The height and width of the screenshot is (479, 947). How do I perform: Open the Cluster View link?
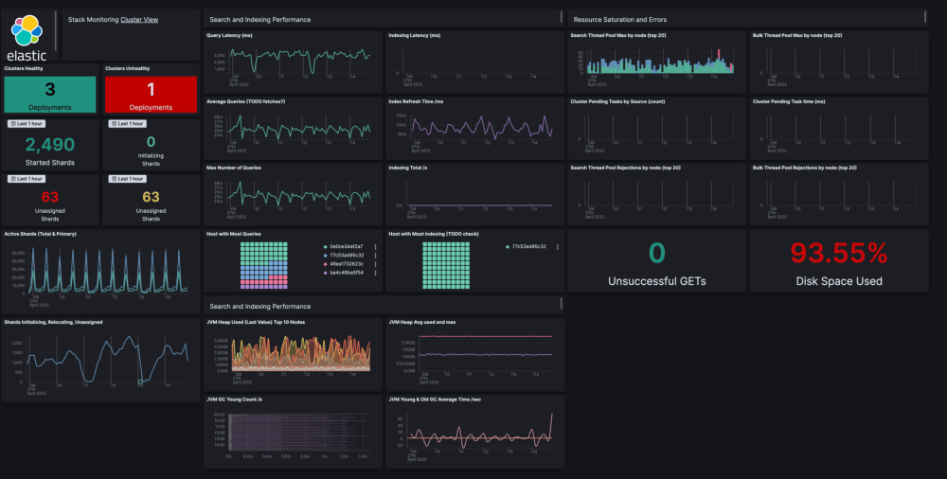(139, 19)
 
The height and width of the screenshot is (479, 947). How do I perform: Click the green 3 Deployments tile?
(50, 94)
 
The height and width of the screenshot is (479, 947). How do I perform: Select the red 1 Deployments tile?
(150, 94)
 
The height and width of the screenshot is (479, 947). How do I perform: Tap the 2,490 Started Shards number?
(49, 144)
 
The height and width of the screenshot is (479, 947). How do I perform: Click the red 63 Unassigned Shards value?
(49, 197)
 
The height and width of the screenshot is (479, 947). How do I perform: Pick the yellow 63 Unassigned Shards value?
(150, 197)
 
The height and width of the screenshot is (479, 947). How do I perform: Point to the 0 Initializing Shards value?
(150, 141)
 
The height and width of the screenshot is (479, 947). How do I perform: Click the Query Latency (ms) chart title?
(229, 35)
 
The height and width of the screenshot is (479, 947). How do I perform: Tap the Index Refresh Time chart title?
(416, 101)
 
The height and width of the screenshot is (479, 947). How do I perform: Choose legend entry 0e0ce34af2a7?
(346, 246)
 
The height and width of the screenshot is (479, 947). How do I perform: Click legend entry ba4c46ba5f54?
(346, 272)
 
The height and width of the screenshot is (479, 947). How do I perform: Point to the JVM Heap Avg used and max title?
(422, 322)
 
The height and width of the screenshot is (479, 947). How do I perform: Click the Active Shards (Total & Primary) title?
(40, 233)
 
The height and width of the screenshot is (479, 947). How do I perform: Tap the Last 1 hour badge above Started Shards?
(27, 124)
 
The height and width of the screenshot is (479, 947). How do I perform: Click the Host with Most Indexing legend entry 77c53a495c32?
(528, 246)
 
